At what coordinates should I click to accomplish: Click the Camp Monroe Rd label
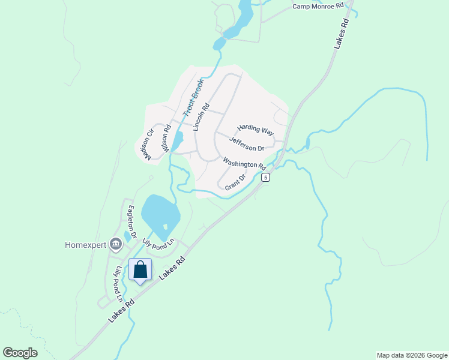(318, 6)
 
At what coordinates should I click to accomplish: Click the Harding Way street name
(255, 129)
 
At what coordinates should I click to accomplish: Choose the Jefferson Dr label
(247, 144)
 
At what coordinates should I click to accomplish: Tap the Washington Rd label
(244, 163)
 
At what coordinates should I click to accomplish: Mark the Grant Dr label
(235, 182)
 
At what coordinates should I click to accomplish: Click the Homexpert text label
(85, 245)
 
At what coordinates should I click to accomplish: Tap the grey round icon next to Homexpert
(115, 244)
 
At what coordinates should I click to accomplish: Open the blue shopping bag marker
(140, 271)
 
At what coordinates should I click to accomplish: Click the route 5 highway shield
(265, 177)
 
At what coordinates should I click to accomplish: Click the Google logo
(20, 352)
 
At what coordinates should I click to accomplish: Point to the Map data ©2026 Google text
(412, 355)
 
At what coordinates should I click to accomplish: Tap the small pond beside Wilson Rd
(178, 141)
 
